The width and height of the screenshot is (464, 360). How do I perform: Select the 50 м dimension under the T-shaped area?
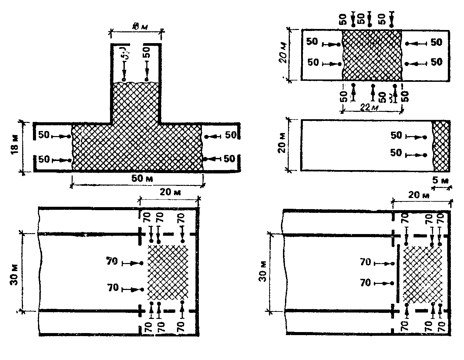pyautogui.click(x=142, y=178)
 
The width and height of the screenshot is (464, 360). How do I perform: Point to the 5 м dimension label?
pyautogui.click(x=440, y=181)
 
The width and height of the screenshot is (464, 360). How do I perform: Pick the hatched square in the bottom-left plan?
pyautogui.click(x=168, y=272)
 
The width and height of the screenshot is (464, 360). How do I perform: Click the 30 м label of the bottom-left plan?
pyautogui.click(x=14, y=272)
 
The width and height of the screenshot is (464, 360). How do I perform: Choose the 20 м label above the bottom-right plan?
pyautogui.click(x=419, y=195)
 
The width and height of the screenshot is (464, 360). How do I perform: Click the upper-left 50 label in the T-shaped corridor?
pyautogui.click(x=43, y=135)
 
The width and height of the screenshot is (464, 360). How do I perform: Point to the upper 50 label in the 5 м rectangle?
pyautogui.click(x=396, y=135)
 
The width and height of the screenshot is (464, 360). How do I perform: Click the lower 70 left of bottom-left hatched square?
pyautogui.click(x=113, y=288)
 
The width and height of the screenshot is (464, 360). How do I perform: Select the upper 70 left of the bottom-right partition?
pyautogui.click(x=365, y=262)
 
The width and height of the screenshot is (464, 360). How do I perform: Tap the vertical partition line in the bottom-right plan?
pyautogui.click(x=398, y=274)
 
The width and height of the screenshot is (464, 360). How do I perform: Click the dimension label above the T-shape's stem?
pyautogui.click(x=136, y=26)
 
